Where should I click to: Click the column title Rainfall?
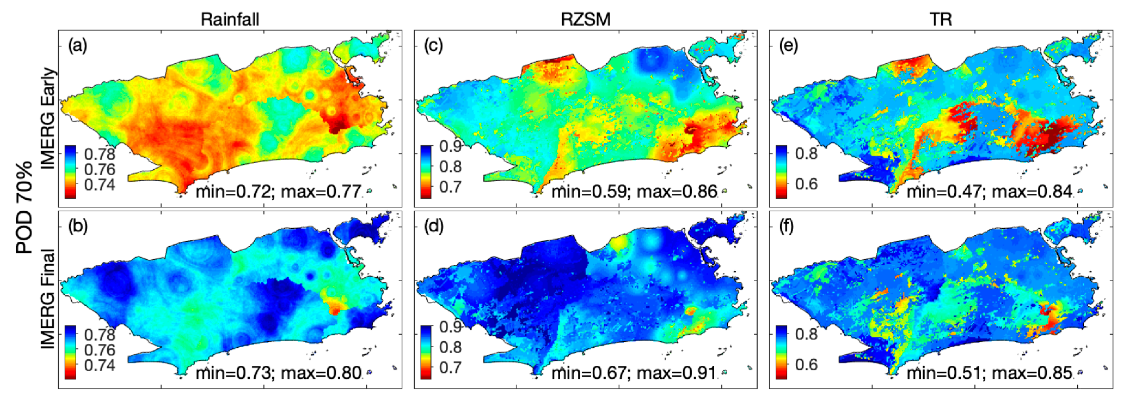pos(230,19)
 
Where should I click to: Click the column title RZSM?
pos(586,19)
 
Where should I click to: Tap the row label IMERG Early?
pos(48,118)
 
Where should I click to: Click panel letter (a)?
pos(78,46)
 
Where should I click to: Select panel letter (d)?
pos(433,226)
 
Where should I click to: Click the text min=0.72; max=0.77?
pos(278,191)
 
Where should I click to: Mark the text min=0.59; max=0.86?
pos(634,191)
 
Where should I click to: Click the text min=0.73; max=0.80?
pos(278,373)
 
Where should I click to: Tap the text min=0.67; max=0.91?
pos(634,373)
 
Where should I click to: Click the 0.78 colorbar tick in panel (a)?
pos(100,154)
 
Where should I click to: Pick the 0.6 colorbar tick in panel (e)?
pos(806,184)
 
